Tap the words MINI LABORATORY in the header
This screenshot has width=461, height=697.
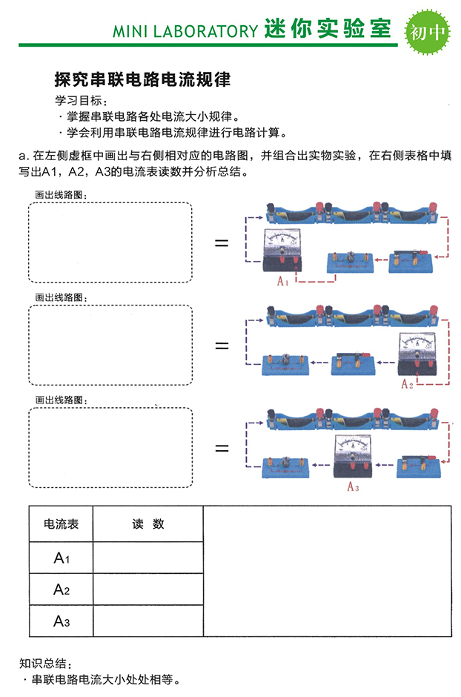(185, 31)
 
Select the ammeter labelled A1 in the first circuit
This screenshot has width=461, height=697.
(281, 251)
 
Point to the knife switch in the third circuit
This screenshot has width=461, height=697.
(419, 465)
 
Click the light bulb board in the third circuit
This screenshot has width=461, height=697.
(285, 466)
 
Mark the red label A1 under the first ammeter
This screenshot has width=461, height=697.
(282, 281)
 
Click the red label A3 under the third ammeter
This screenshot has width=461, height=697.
(353, 487)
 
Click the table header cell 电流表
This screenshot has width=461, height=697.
(62, 524)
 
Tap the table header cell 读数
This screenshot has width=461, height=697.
(147, 524)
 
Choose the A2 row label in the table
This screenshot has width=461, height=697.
(62, 590)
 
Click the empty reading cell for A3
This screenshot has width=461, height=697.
(147, 621)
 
